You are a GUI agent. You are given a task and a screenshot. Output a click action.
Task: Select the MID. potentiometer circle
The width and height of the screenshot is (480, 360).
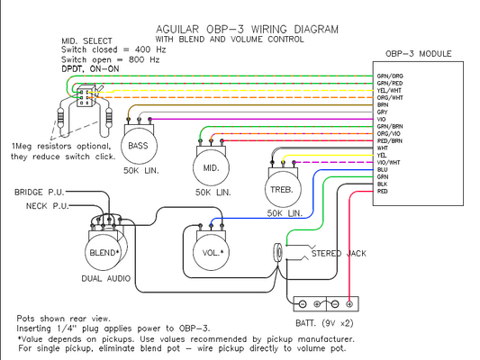coord(211,166)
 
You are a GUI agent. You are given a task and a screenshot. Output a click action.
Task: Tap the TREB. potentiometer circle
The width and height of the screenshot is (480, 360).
coord(281,188)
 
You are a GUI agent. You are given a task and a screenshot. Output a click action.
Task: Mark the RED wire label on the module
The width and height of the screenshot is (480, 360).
coord(383,192)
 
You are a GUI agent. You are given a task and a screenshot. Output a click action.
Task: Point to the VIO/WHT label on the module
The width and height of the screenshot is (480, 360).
coord(389,161)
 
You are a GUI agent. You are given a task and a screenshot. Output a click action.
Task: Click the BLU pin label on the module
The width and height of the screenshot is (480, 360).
coord(383,169)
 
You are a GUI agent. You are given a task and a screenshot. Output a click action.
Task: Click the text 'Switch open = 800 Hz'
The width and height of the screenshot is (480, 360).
coord(110,58)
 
